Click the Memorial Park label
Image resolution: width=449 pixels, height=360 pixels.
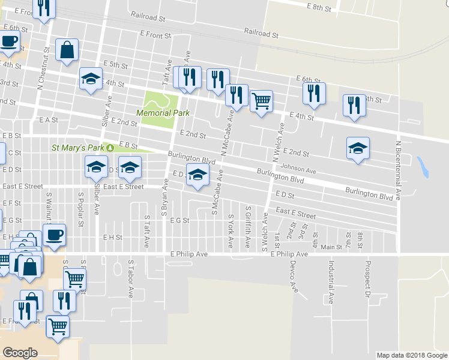[x=163, y=113]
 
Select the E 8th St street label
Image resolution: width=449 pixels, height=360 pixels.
[x=319, y=7]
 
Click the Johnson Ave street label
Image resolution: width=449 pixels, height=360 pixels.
[x=298, y=170]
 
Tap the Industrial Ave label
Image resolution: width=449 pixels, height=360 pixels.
[x=330, y=281]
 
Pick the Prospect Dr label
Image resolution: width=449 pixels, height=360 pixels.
[x=366, y=279]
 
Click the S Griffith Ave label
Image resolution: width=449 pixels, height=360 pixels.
[x=248, y=227]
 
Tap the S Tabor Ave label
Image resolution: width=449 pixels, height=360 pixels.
[x=130, y=278]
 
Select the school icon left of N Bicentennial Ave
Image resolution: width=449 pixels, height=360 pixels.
[x=358, y=148]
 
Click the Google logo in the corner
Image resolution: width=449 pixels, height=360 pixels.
[x=20, y=353]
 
